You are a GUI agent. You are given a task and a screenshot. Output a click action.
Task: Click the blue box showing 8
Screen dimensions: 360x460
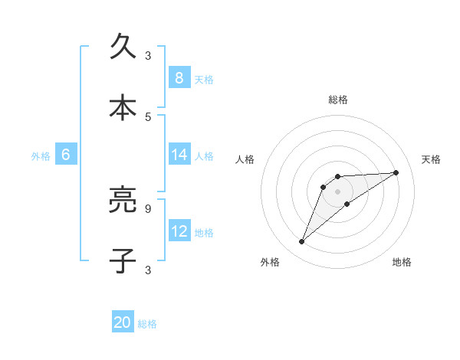click(179, 77)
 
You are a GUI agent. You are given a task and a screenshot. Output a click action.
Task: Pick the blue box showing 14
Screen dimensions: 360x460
click(179, 155)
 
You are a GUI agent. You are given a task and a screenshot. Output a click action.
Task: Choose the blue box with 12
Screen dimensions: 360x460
click(179, 231)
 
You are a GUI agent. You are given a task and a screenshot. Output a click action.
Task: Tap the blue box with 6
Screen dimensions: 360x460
click(66, 155)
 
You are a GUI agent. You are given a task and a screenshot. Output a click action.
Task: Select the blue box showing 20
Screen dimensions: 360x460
click(123, 323)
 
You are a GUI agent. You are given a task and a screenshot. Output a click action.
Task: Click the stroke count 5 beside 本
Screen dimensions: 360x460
click(148, 116)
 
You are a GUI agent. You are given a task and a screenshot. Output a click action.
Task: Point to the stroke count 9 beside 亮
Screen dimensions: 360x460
click(148, 208)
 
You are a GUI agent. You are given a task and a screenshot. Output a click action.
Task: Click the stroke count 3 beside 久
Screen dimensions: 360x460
click(148, 55)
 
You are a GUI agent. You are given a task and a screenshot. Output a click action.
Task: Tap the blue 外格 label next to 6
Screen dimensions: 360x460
click(41, 155)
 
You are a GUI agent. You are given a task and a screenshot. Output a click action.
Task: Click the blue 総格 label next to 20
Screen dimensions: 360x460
click(147, 324)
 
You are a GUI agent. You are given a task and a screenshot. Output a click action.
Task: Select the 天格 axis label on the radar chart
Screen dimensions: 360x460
click(432, 159)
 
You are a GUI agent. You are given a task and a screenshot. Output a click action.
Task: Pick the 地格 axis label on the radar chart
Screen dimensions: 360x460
click(402, 262)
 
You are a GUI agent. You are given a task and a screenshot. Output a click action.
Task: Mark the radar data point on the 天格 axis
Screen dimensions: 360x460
click(396, 172)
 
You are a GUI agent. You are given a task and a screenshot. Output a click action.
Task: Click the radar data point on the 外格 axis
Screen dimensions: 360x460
click(301, 242)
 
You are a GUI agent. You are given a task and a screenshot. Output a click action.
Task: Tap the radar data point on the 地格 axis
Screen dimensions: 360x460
click(347, 204)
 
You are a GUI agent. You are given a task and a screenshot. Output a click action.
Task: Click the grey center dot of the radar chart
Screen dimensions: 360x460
click(337, 191)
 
